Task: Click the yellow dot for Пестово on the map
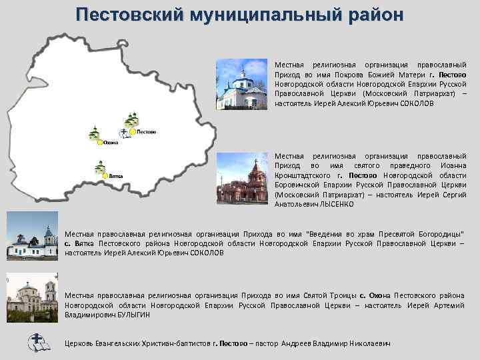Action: tap(133, 132)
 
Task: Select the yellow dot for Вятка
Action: tap(105, 175)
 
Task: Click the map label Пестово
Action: tap(147, 132)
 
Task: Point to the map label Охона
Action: tap(111, 143)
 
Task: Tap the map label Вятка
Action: tap(117, 176)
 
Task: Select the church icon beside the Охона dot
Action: tap(94, 133)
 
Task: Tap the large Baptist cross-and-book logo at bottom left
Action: tap(36, 342)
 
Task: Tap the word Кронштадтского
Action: tap(302, 175)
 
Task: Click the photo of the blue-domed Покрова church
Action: tap(243, 85)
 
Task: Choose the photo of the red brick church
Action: tap(243, 178)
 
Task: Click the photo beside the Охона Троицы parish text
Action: tap(31, 297)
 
